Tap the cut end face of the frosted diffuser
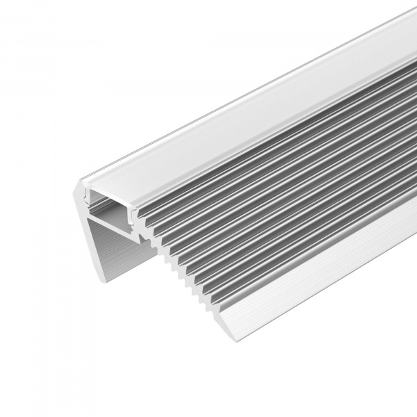[104, 183]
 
